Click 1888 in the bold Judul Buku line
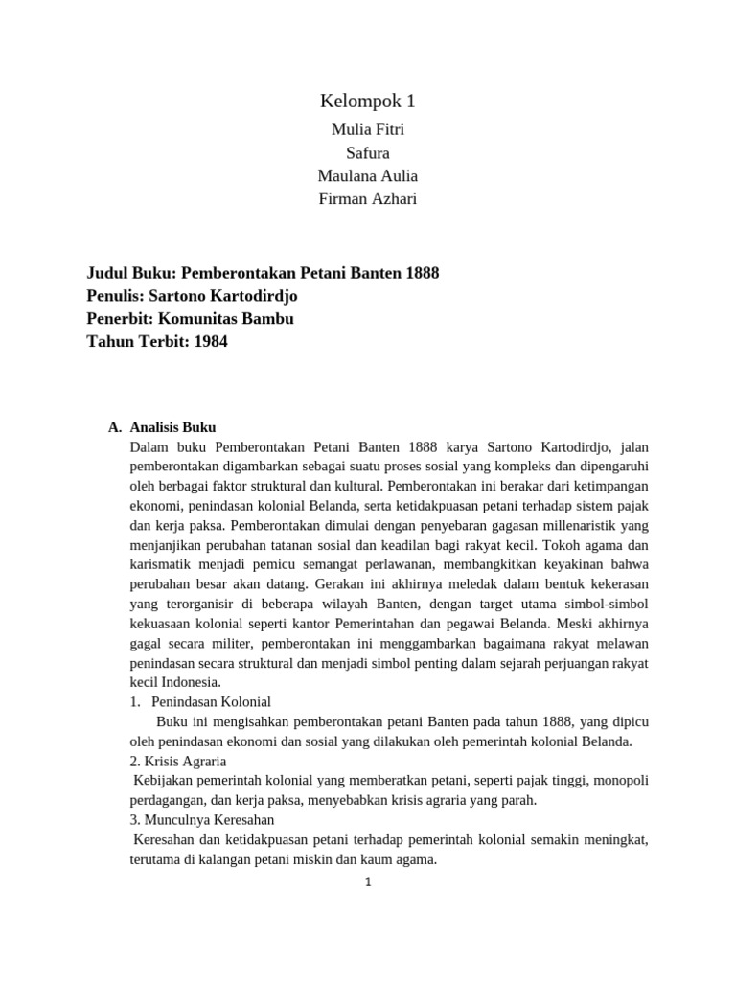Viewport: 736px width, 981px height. pos(422,273)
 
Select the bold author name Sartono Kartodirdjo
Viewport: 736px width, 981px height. pos(230,296)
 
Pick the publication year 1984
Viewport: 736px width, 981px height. pos(210,341)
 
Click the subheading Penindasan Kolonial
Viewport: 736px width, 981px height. pos(211,702)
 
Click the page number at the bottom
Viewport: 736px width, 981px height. pos(367,882)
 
